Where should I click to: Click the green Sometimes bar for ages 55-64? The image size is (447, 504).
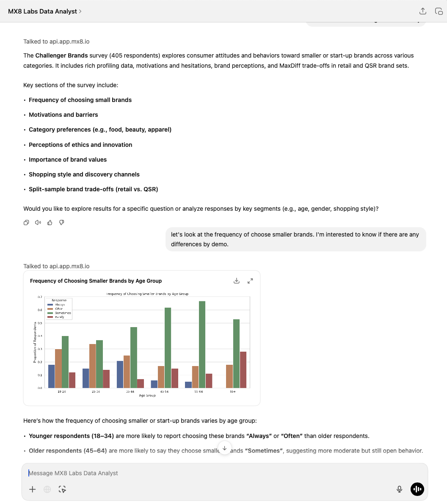click(202, 344)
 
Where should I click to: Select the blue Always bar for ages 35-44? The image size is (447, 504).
click(120, 374)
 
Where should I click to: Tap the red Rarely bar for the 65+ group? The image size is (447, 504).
click(243, 369)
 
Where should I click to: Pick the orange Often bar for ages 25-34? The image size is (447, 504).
click(93, 366)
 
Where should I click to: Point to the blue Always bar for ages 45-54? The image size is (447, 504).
click(154, 384)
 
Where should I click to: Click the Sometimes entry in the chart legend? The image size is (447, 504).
click(63, 313)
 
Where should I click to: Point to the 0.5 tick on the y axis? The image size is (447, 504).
click(40, 323)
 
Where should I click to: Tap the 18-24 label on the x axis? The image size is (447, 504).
click(61, 391)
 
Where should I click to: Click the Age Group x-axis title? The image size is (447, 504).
click(147, 396)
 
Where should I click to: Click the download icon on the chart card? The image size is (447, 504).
click(237, 281)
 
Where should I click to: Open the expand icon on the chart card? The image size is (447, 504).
click(250, 281)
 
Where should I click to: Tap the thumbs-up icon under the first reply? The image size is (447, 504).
click(50, 223)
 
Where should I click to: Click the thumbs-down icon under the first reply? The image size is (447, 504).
click(61, 223)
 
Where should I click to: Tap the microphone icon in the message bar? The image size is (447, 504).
click(399, 489)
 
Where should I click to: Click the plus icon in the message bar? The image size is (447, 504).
click(32, 489)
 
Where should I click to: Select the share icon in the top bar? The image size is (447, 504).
click(422, 11)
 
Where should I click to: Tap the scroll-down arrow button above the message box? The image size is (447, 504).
click(224, 448)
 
